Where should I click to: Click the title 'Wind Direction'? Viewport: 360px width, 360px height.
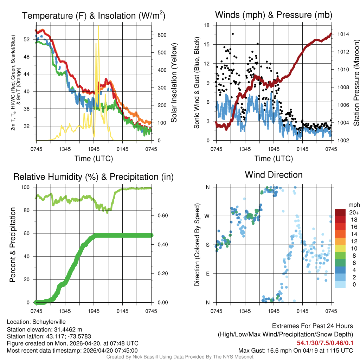(274, 175)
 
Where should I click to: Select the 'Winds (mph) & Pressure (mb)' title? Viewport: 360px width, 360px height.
(274, 15)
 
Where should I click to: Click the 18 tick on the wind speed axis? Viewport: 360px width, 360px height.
(207, 25)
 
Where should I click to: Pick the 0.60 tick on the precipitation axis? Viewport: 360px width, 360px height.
(160, 216)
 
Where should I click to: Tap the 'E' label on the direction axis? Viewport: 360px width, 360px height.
(207, 274)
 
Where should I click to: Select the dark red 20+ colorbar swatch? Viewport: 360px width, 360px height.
(340, 213)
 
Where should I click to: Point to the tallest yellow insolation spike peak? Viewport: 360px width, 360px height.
(98, 26)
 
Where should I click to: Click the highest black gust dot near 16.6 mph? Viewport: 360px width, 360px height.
(233, 34)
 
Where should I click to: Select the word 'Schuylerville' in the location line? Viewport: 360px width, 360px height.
(49, 322)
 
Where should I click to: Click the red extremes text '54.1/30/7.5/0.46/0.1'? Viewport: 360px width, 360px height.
(325, 343)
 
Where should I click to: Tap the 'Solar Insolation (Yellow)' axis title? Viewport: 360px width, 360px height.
(174, 83)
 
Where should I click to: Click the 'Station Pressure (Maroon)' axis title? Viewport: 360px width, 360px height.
(356, 83)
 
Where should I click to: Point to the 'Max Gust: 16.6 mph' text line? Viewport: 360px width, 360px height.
(296, 350)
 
